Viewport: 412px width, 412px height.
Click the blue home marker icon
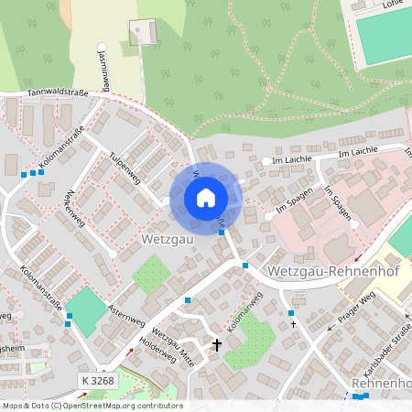click(206, 197)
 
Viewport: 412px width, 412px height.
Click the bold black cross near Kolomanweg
click(217, 345)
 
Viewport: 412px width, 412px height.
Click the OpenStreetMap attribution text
click(92, 406)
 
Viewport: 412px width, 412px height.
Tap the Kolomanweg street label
click(244, 311)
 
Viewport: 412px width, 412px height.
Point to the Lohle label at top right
click(394, 4)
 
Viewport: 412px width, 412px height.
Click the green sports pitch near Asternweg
click(86, 309)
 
